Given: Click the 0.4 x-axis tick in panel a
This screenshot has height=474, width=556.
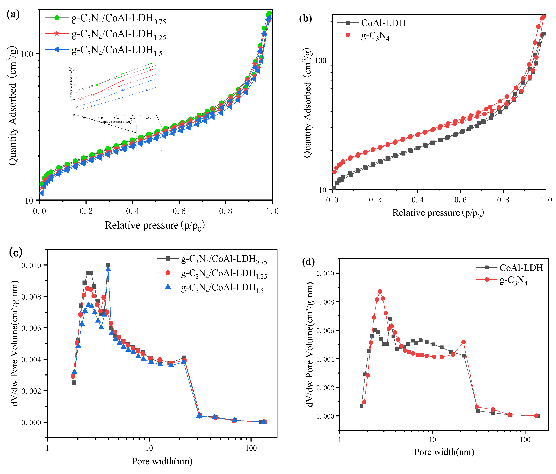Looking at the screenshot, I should pos(133,211).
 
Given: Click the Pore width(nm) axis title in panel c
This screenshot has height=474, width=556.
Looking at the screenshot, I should pos(162,461).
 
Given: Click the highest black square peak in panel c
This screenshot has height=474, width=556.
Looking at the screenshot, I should pos(108,265).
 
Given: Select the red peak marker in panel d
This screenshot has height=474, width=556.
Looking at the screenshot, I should pos(380,291).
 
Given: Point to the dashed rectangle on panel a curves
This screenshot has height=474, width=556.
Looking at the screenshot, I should pos(148,138).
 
